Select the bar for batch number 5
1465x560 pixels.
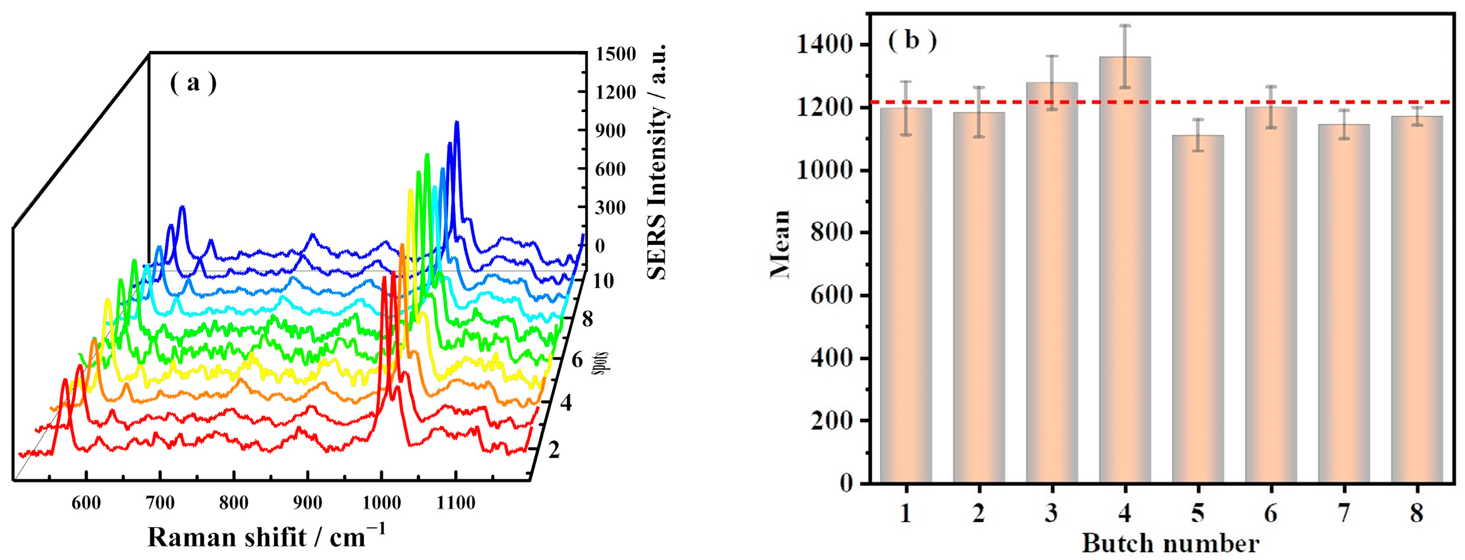point(1198,310)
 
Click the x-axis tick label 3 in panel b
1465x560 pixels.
point(1052,514)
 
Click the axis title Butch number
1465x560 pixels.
point(1170,543)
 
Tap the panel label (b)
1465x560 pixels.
point(912,41)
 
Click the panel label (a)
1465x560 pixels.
point(194,84)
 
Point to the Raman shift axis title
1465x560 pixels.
point(266,537)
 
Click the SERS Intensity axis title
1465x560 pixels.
point(657,162)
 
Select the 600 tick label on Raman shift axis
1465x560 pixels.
point(86,502)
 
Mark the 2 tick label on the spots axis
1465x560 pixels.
point(554,450)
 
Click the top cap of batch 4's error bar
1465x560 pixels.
point(1125,26)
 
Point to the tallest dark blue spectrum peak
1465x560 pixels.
point(456,122)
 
